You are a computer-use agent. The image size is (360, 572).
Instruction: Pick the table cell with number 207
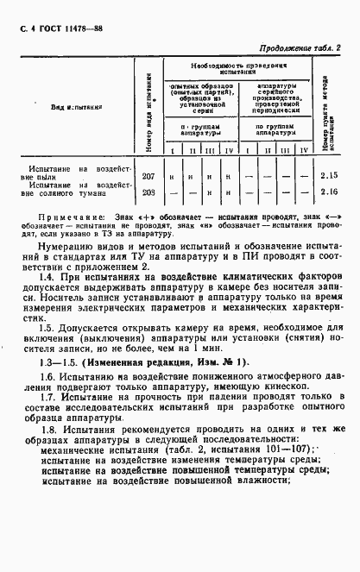coord(148,175)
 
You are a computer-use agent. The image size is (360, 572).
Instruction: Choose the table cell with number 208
coord(148,192)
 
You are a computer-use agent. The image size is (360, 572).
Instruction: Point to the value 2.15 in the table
coord(329,175)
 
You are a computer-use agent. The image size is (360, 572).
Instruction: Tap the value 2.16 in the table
coord(329,192)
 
